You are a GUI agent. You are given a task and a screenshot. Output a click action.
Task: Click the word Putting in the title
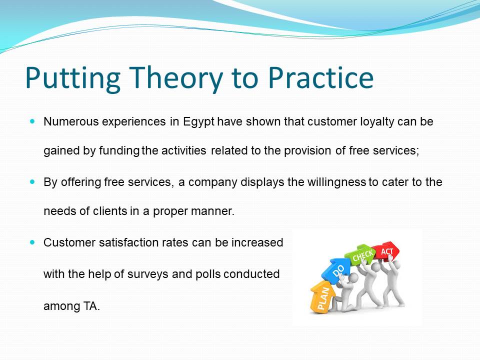[x=72, y=78]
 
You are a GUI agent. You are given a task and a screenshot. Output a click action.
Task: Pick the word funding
[x=119, y=151]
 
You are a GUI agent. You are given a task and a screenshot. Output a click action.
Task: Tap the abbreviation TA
[x=91, y=306]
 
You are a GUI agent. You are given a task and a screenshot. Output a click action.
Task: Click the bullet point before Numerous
[x=33, y=121]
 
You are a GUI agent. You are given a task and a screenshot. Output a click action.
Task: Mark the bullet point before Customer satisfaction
[x=33, y=242]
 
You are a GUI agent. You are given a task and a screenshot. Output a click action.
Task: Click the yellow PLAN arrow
[x=322, y=296]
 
